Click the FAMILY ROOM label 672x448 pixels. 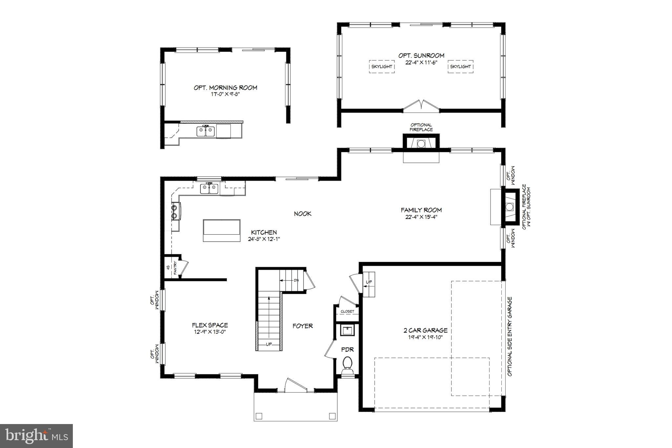pos(421,210)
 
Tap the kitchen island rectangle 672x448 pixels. pos(221,230)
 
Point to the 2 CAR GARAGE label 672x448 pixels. pos(425,331)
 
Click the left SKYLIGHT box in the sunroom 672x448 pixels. pos(382,66)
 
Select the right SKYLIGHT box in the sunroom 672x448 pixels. pos(460,66)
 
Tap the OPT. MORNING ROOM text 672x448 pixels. pos(225,88)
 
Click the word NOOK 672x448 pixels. pos(303,214)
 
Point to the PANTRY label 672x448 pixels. pos(175,267)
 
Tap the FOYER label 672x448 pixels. pos(303,326)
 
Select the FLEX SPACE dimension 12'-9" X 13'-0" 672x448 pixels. pos(210,332)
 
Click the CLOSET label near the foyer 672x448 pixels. pos(347,311)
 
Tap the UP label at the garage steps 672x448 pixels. pos(369,282)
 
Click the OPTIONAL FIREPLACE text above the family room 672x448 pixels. pos(421,127)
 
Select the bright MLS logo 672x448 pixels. pos(36,436)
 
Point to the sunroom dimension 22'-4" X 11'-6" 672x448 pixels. pos(421,62)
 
